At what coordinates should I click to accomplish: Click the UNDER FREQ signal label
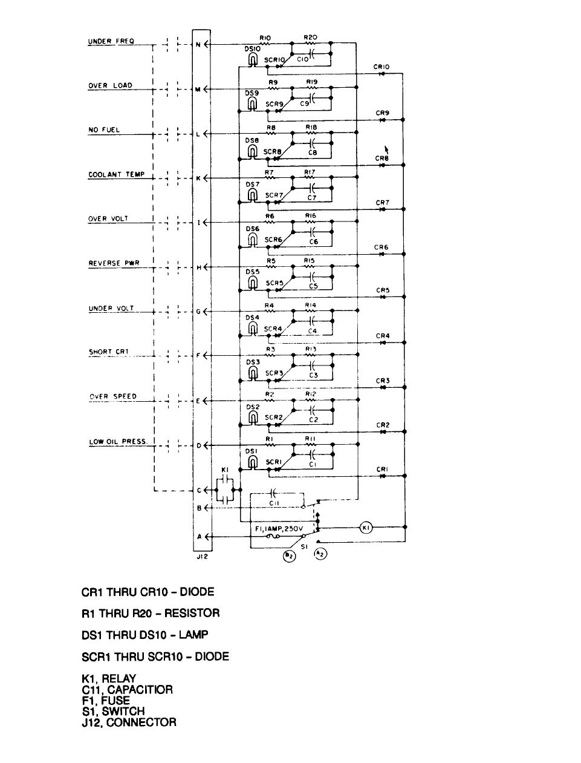click(111, 42)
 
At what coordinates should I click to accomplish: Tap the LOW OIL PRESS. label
click(118, 442)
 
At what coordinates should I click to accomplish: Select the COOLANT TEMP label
click(116, 175)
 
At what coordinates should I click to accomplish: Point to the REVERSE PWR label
click(114, 264)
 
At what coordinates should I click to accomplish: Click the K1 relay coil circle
click(366, 528)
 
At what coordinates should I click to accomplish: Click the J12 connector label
click(202, 557)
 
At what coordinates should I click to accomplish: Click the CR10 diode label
click(381, 67)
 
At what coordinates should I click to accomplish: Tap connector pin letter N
click(198, 44)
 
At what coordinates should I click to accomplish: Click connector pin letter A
click(198, 536)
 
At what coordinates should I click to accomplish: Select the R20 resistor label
click(310, 37)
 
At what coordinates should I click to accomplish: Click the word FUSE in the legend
click(115, 700)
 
